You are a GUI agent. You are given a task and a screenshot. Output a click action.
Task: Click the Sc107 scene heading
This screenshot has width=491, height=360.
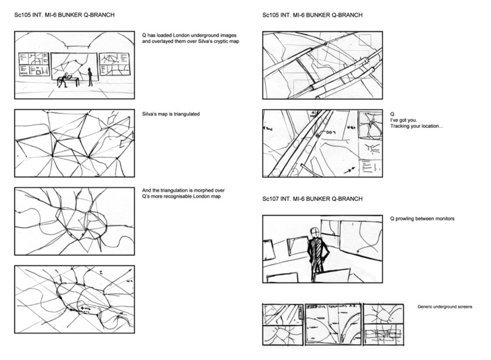(312, 199)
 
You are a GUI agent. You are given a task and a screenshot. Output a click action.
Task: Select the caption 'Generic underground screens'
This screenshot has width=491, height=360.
(445, 307)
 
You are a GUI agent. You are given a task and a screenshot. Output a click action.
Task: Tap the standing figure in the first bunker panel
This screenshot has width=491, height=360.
(90, 77)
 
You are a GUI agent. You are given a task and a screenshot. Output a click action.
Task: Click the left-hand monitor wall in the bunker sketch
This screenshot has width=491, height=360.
(34, 64)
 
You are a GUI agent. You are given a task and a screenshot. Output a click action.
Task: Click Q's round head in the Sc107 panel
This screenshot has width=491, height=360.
(315, 233)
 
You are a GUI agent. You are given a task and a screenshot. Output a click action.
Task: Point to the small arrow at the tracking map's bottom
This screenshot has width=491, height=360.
(349, 170)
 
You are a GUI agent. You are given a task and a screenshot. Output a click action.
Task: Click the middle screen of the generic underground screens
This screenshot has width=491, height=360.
(333, 324)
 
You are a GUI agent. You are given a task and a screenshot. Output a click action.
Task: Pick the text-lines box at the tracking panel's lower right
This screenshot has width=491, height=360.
(370, 167)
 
